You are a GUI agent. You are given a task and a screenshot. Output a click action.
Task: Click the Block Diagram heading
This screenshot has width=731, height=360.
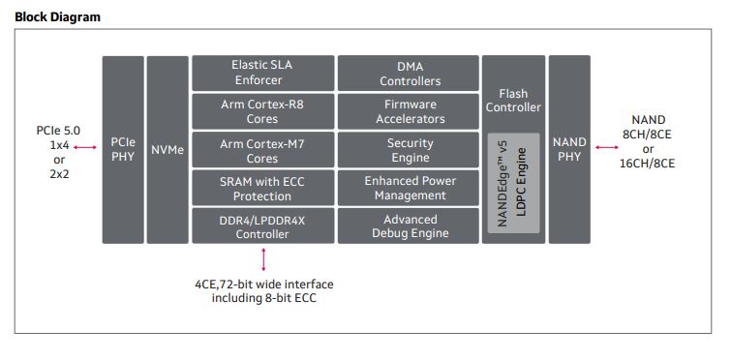pyautogui.click(x=57, y=16)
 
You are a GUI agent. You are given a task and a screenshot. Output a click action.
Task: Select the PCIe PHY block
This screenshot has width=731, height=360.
pyautogui.click(x=123, y=149)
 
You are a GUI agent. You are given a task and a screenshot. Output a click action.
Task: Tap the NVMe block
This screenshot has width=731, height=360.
pyautogui.click(x=168, y=149)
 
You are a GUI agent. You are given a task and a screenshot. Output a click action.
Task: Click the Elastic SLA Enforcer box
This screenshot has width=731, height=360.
pyautogui.click(x=262, y=73)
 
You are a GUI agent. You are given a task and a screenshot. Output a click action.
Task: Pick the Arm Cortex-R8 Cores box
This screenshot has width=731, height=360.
pyautogui.click(x=262, y=111)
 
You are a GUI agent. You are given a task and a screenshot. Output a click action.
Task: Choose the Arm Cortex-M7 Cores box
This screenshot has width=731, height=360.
pyautogui.click(x=262, y=150)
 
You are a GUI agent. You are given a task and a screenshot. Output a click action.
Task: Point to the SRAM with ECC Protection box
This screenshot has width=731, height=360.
pyautogui.click(x=262, y=188)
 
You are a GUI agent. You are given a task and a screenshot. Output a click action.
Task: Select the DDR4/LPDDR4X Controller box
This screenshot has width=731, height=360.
pyautogui.click(x=262, y=225)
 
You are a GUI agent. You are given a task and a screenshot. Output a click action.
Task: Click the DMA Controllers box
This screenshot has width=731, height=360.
pyautogui.click(x=409, y=73)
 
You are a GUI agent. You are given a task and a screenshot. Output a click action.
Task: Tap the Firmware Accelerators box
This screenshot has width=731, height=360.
pyautogui.click(x=409, y=111)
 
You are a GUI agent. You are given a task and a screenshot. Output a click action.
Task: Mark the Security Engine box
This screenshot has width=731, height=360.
pyautogui.click(x=409, y=150)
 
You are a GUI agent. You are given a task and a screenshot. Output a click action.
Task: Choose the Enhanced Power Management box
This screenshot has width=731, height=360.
pyautogui.click(x=409, y=188)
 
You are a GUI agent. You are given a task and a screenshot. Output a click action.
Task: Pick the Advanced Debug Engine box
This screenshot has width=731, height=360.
pyautogui.click(x=409, y=225)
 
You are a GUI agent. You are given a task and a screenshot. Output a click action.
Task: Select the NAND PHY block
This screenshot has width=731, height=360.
pyautogui.click(x=569, y=149)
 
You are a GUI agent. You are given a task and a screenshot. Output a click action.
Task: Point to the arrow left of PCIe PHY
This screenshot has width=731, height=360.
pyautogui.click(x=86, y=148)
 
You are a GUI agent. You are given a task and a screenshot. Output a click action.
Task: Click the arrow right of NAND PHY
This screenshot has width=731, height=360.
pyautogui.click(x=608, y=148)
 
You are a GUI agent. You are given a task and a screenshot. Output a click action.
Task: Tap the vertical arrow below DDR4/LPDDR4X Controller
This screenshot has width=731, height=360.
pyautogui.click(x=263, y=258)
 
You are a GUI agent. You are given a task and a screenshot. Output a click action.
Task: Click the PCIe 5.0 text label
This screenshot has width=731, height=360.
pyautogui.click(x=58, y=130)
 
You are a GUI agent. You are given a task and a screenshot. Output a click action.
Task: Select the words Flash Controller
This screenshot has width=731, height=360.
pyautogui.click(x=513, y=100)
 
